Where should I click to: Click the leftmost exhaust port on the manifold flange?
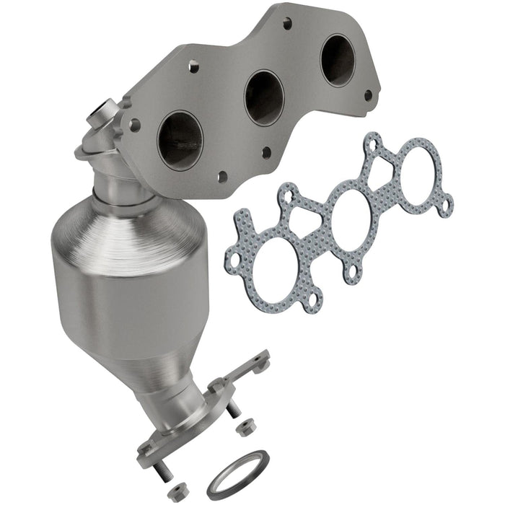(180, 139)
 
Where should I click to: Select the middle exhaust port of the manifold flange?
(264, 97)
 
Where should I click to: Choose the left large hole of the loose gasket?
(260, 249)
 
